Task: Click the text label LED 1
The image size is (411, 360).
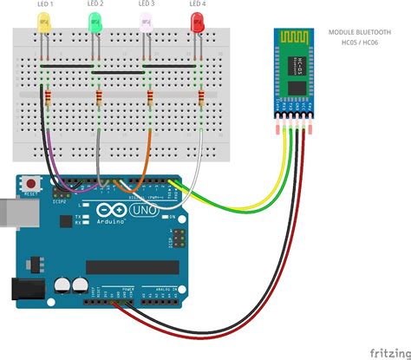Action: pos(45,5)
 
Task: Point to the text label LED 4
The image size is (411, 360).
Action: pos(198,5)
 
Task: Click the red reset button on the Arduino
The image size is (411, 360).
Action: pos(32,184)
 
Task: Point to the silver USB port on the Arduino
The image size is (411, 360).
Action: pos(10,213)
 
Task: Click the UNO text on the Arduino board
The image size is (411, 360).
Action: pos(140,211)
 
